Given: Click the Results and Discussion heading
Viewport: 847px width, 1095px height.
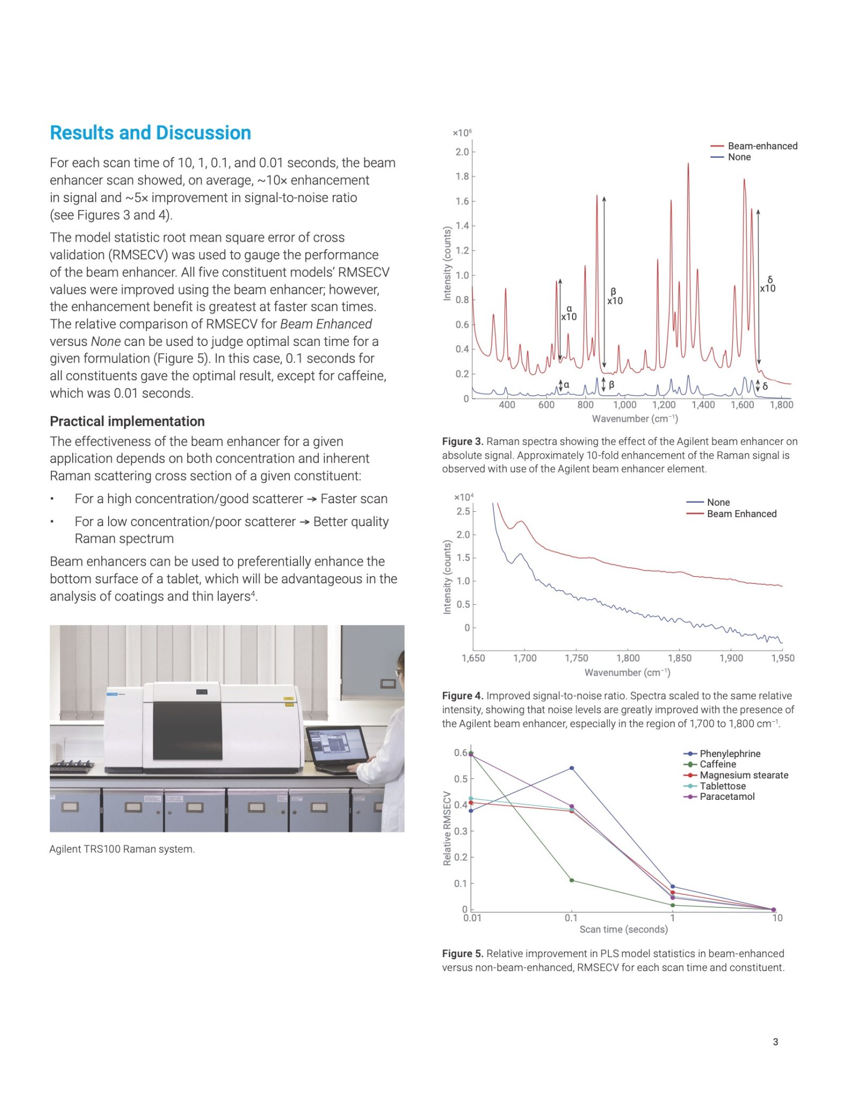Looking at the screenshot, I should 150,133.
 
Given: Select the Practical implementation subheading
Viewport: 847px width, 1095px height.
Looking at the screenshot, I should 127,421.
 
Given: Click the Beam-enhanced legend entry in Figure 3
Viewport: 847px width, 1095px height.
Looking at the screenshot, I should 762,146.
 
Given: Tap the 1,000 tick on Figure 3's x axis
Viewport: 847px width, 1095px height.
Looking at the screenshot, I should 624,405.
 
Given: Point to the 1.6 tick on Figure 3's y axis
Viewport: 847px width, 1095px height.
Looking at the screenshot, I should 462,201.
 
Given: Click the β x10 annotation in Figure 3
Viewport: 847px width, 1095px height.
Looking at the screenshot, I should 615,297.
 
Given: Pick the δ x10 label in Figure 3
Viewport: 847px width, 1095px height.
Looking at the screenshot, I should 768,284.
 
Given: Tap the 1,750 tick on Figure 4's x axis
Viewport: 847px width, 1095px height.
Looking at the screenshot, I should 576,658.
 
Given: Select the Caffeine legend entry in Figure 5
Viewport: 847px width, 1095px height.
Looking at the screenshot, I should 718,764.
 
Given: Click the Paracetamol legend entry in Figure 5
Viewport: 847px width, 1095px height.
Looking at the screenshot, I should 727,796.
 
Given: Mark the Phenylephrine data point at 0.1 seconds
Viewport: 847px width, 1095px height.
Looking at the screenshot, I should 571,768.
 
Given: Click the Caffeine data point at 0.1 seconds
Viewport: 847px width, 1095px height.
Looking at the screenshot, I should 571,880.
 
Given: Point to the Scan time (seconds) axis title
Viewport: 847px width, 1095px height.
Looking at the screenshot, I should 623,929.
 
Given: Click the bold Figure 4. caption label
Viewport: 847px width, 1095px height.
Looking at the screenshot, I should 462,696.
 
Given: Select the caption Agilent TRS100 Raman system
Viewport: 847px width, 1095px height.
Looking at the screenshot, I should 122,849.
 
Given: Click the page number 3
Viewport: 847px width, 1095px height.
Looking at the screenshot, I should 775,1042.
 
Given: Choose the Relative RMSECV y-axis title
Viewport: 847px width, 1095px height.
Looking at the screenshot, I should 447,828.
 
